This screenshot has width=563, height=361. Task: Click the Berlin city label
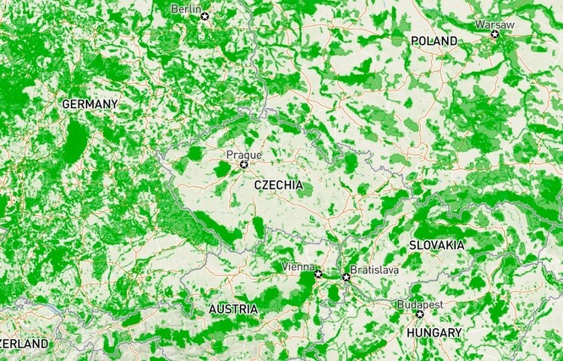pos(186,8)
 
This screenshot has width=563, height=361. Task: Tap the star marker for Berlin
pos(204,15)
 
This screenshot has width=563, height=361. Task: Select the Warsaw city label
pos(494,25)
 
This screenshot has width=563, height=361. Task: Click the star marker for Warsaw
pos(495,34)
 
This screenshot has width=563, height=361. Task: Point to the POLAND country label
pos(434,41)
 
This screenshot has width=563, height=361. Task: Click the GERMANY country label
pos(90,104)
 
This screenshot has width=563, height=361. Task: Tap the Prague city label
pos(243,155)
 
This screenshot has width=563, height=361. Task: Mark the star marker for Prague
pos(244,164)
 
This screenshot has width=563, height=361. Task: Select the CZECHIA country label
pos(277,185)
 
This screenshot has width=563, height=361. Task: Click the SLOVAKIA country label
pos(436,244)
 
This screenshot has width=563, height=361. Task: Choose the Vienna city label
pos(298,267)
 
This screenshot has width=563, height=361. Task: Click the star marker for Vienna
pos(318,275)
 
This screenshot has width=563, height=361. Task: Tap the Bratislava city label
pos(374,269)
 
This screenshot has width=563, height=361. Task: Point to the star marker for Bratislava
pos(346,276)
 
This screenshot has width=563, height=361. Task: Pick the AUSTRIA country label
pos(233,309)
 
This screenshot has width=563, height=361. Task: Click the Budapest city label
pos(420,304)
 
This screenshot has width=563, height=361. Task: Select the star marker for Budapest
pos(420,314)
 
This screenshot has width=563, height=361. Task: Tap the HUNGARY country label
pos(434,333)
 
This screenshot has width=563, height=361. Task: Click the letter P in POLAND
pos(414,41)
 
